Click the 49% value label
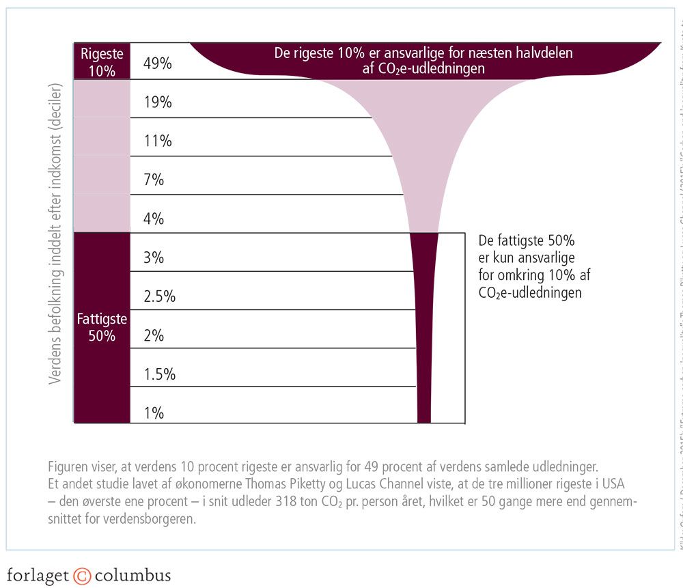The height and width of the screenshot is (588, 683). (158, 64)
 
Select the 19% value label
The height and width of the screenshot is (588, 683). (158, 102)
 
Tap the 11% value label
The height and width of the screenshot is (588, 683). (158, 141)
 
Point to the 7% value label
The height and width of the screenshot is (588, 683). (154, 180)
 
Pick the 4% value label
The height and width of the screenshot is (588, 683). (154, 219)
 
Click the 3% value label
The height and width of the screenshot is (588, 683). (154, 258)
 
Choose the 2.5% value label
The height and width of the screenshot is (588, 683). (160, 296)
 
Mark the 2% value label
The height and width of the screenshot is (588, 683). (154, 335)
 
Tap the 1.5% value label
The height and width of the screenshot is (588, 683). (160, 374)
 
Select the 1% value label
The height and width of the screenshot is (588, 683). (154, 413)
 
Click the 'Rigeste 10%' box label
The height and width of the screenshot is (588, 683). (102, 61)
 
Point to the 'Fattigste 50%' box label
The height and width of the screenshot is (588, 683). (102, 328)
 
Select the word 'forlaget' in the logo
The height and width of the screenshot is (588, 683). (38, 575)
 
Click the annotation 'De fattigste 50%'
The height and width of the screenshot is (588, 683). (527, 242)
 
